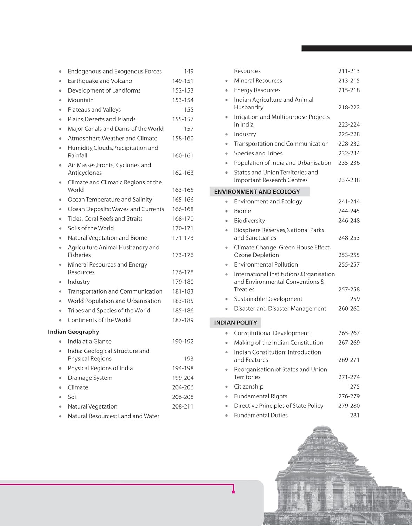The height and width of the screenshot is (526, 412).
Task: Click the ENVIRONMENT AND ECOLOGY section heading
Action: click(257, 192)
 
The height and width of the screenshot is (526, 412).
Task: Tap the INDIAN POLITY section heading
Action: click(235, 323)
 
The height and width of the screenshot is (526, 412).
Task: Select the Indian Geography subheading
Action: click(73, 332)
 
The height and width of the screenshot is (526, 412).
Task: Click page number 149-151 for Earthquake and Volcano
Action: click(182, 81)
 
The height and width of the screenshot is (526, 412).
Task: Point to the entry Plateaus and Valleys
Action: click(94, 110)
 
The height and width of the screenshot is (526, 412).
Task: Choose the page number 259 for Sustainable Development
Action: click(355, 299)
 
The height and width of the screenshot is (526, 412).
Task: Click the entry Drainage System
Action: click(90, 378)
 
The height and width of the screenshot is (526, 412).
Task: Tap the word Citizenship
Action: click(248, 387)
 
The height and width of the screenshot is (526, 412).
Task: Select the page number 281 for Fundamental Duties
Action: click(355, 416)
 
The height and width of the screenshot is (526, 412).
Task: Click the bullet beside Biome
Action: click(227, 211)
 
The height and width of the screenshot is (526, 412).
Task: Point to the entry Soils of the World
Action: click(91, 228)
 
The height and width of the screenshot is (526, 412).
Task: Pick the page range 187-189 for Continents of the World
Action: click(182, 320)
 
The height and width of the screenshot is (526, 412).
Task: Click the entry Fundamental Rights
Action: click(260, 396)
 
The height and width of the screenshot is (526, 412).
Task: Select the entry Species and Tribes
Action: click(258, 153)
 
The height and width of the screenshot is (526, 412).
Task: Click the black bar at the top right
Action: click(357, 48)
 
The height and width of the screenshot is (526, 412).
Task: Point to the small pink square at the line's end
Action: click(233, 492)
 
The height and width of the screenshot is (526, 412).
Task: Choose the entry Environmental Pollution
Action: click(266, 265)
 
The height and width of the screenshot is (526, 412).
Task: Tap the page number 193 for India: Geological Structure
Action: click(188, 359)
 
